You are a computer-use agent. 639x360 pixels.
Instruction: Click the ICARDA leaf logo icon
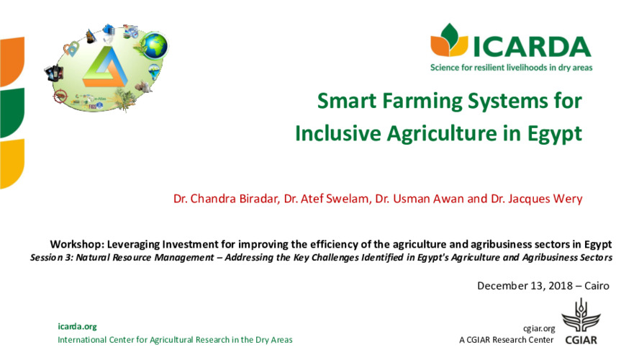(448, 41)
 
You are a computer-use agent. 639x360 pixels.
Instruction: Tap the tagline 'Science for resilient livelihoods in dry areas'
(510, 68)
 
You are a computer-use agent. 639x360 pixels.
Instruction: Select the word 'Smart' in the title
(346, 101)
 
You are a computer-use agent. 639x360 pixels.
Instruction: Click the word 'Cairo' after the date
(597, 286)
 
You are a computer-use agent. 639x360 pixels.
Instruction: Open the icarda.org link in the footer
(77, 326)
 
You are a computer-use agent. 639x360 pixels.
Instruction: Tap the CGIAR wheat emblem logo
(579, 318)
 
